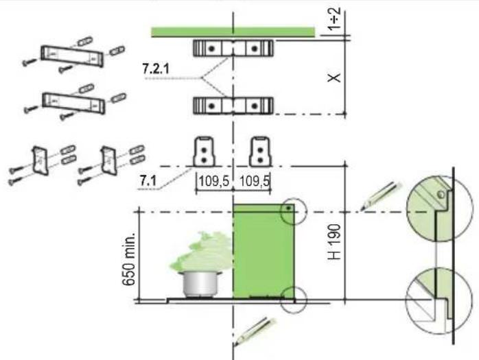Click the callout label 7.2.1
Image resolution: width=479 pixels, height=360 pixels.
[x=156, y=69]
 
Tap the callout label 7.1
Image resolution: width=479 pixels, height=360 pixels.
[x=148, y=181]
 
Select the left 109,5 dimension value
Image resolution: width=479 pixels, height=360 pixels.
[x=214, y=181]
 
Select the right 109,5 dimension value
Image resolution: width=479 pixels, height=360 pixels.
[x=255, y=181]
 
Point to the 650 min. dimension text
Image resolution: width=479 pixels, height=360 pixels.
[x=128, y=259]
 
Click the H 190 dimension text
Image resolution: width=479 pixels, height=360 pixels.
[x=334, y=242]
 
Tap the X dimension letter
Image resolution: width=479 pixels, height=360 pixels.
[x=334, y=77]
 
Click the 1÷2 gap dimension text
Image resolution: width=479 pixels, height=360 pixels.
[x=334, y=19]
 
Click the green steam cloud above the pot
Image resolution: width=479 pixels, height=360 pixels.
[x=203, y=251]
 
